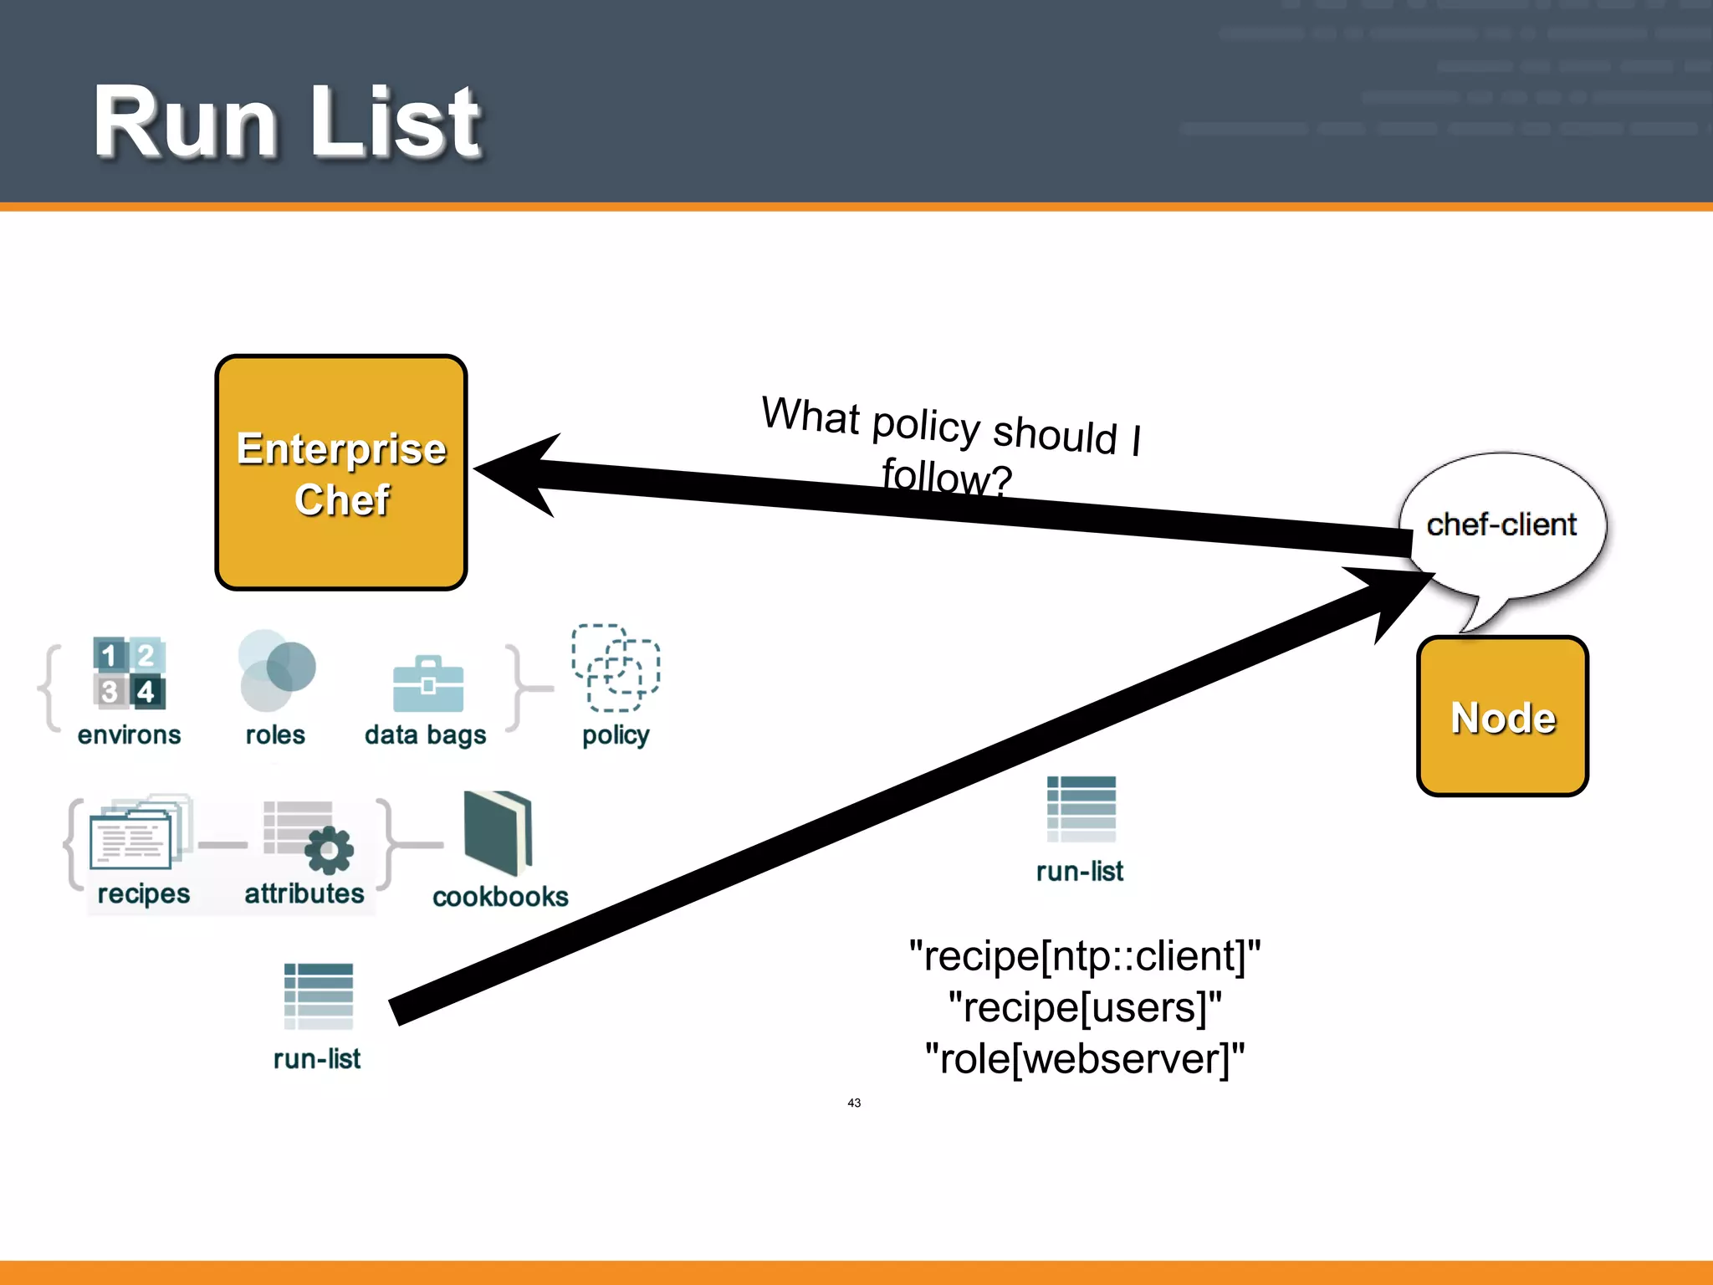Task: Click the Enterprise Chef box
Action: (x=341, y=473)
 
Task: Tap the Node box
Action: (x=1502, y=717)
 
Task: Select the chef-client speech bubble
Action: (x=1502, y=525)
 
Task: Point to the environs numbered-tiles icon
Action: (x=129, y=673)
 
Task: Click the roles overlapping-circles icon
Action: (x=276, y=670)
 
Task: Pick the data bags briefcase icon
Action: (x=427, y=683)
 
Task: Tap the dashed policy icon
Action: (x=616, y=668)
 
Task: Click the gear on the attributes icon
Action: (x=329, y=850)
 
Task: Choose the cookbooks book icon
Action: (x=498, y=832)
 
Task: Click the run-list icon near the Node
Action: (x=1081, y=809)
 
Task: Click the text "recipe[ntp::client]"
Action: (x=1084, y=955)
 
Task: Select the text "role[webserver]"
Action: (x=1084, y=1058)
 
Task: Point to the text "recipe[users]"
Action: (x=1084, y=1007)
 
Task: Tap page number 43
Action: (x=854, y=1103)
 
